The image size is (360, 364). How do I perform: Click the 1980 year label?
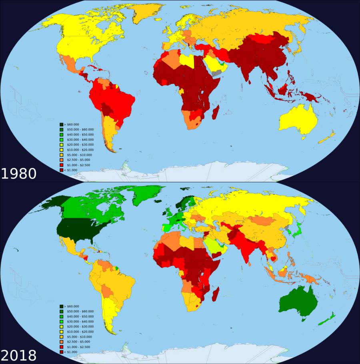[x=18, y=173]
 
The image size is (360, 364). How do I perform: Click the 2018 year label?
[x=18, y=355]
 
